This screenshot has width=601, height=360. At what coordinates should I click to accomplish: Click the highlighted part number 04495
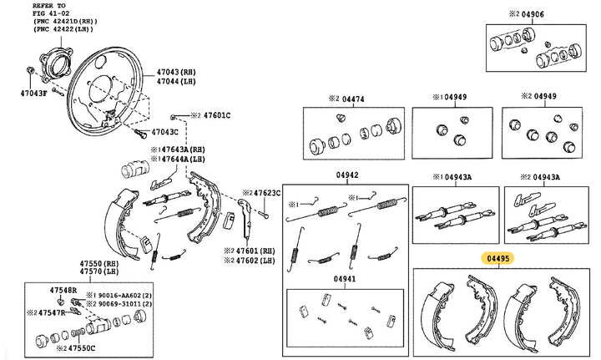[498, 259]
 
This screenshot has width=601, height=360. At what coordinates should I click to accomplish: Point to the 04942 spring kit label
[347, 175]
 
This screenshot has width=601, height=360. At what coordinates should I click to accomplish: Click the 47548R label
[63, 290]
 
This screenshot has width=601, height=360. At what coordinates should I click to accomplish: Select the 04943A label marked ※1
[455, 176]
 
